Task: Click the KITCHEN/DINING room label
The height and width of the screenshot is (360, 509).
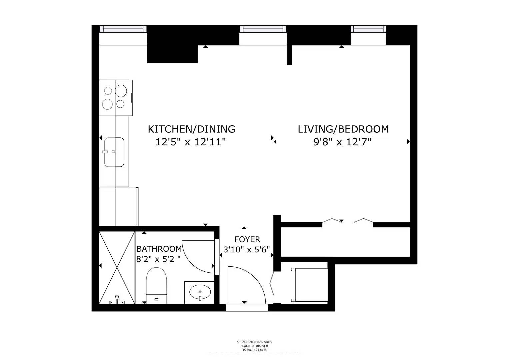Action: click(191, 129)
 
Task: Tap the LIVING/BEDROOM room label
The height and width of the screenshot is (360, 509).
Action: click(343, 129)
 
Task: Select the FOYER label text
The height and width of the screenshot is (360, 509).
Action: click(247, 239)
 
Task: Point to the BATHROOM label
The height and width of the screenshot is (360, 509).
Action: click(159, 249)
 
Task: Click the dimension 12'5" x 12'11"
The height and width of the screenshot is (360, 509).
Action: click(191, 142)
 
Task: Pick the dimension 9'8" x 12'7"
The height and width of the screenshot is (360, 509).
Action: click(342, 142)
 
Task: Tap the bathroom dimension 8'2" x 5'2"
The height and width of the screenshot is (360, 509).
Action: click(158, 259)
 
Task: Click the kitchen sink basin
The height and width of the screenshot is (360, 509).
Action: click(114, 152)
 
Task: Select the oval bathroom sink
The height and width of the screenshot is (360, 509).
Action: click(200, 293)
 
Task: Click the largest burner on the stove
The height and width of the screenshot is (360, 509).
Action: click(121, 91)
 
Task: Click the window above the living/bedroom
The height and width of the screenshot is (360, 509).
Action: click(368, 29)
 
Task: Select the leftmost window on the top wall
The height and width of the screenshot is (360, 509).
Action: click(123, 29)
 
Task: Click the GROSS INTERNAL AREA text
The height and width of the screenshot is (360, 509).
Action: click(254, 342)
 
